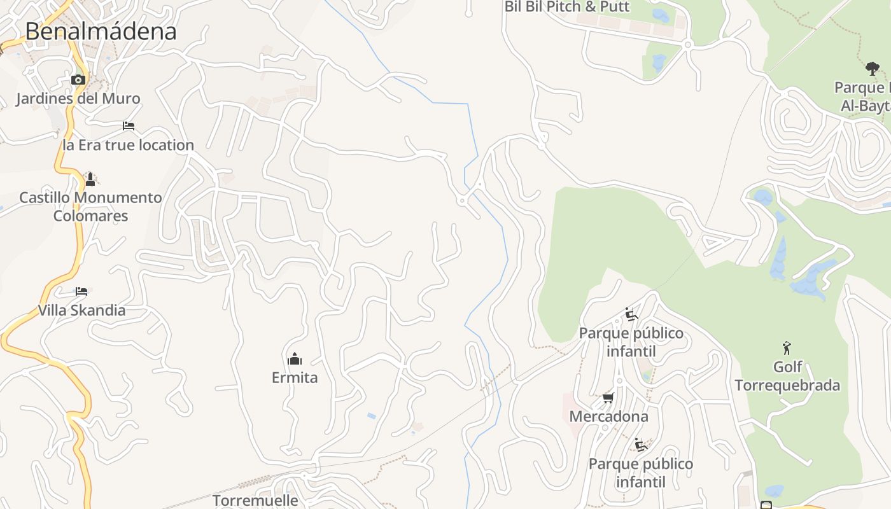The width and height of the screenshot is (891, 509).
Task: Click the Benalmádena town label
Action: (x=101, y=31)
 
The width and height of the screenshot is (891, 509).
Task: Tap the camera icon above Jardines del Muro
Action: (x=78, y=80)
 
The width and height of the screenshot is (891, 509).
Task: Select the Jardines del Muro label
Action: (x=78, y=99)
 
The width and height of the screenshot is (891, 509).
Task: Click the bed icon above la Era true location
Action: (x=129, y=126)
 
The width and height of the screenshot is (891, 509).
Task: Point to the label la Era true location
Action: (x=128, y=145)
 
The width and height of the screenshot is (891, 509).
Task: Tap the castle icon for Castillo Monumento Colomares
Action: (x=90, y=179)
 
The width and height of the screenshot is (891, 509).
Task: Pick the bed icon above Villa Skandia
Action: (x=81, y=291)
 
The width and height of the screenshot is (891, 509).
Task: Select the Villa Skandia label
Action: (x=81, y=310)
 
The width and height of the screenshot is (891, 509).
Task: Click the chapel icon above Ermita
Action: (x=294, y=359)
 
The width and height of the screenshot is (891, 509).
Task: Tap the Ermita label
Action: (x=294, y=377)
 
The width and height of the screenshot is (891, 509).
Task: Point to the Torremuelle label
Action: (x=255, y=500)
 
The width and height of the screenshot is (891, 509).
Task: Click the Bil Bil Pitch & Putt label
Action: (x=566, y=7)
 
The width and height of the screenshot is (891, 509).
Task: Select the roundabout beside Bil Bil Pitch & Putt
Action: (x=687, y=45)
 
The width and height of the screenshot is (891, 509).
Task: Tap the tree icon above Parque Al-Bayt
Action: (x=872, y=68)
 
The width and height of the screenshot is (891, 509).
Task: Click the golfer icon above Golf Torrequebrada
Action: (x=787, y=348)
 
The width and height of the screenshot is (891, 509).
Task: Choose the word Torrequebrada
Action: (x=787, y=385)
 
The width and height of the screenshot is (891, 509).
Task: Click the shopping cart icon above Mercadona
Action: (x=608, y=398)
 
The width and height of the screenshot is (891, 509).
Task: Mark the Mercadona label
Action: (x=608, y=417)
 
